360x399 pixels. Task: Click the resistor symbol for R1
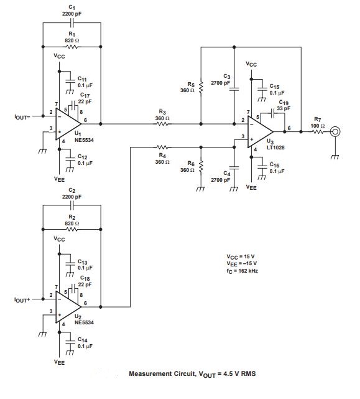[x=72, y=47]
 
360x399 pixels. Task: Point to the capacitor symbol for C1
[x=72, y=23]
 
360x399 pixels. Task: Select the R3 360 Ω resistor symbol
[x=162, y=124]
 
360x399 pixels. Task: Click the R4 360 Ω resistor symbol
[x=162, y=148]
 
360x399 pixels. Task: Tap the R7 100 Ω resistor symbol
[x=317, y=131]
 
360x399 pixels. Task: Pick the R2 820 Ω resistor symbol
[x=72, y=228]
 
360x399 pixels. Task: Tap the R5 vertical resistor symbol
[x=201, y=87]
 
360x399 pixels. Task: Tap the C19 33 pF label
[x=284, y=105]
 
